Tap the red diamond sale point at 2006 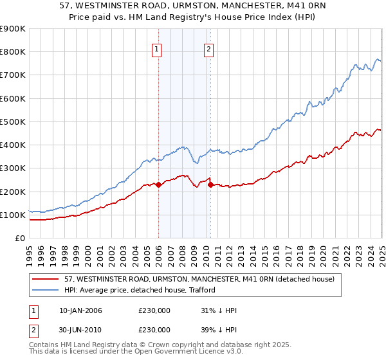tap(158, 184)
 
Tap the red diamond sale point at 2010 tap(210, 184)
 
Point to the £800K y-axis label tap(14, 52)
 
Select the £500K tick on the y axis tap(14, 122)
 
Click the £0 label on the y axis tap(20, 238)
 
